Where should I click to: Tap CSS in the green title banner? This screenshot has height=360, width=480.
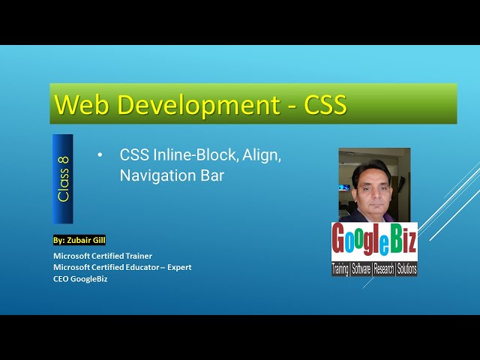325,104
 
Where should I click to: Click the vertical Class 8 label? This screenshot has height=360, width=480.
63,178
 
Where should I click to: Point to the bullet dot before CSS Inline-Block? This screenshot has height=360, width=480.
100,155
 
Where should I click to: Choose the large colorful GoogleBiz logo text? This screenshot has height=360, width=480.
374,241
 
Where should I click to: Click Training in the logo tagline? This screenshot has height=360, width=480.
340,268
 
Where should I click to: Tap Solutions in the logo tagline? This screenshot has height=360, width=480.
407,268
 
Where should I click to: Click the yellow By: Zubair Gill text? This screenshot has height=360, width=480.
79,241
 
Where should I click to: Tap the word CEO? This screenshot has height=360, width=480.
61,279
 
